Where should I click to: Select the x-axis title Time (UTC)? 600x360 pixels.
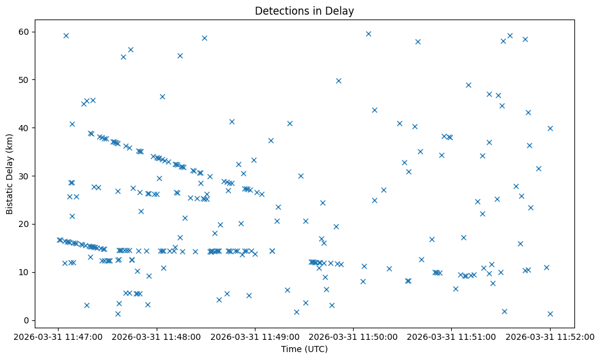pos(304,350)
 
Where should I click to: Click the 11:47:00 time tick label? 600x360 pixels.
pos(59,336)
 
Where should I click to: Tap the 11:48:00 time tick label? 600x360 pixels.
pos(157,336)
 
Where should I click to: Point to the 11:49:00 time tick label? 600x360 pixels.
pos(255,336)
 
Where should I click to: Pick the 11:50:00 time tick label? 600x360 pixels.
pos(353,336)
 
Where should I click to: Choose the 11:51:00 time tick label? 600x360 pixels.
pos(452,336)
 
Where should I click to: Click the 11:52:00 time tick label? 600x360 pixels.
pos(550,336)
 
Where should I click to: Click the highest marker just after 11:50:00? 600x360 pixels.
pos(368,34)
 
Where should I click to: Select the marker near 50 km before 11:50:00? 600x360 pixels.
pos(338,81)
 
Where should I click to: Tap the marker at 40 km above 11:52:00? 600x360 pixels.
pos(550,128)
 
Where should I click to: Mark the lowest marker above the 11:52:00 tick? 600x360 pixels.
pos(550,314)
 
